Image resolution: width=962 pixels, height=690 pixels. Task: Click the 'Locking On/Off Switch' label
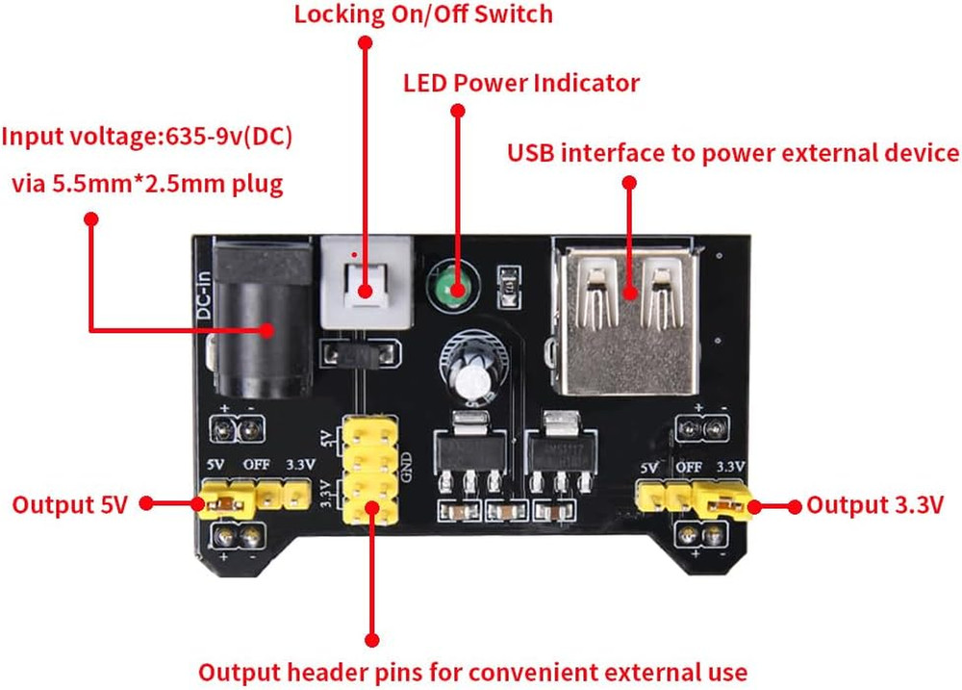click(424, 14)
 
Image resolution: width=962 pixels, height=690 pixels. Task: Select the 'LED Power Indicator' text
click(520, 84)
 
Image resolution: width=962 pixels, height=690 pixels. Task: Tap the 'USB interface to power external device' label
click(733, 153)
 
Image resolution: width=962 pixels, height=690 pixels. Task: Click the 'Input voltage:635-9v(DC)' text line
click(146, 136)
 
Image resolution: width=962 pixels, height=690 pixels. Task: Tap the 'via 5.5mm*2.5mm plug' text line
click(147, 184)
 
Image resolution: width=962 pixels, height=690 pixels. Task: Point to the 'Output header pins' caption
click(472, 671)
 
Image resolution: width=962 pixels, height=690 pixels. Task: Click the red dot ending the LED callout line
click(458, 112)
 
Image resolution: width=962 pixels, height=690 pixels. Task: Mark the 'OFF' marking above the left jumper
click(256, 465)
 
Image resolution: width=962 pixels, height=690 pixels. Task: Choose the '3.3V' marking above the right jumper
click(731, 466)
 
